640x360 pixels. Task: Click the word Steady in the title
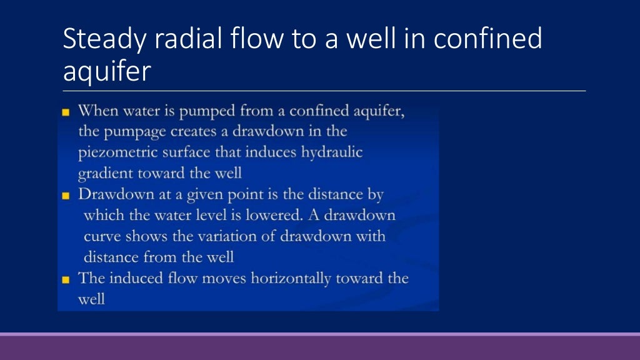point(104,39)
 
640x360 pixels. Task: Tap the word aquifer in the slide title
point(107,71)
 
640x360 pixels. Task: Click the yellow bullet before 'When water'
point(66,112)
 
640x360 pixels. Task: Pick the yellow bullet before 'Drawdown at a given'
point(66,196)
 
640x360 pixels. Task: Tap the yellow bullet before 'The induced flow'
point(66,279)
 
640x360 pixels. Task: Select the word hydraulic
point(332,152)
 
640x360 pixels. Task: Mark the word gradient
point(103,174)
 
